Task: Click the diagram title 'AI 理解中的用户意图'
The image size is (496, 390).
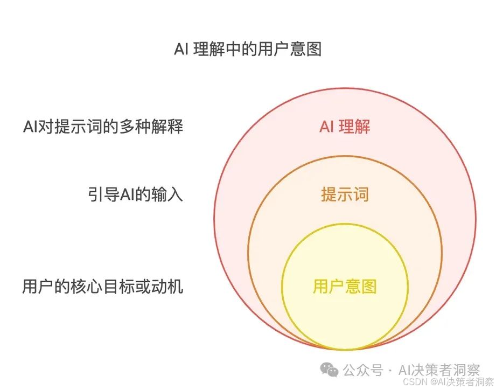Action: [x=247, y=50]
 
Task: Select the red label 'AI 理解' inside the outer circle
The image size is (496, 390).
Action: [x=345, y=127]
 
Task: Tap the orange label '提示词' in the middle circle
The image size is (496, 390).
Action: [x=345, y=194]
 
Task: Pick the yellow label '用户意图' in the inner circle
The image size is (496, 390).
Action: [x=345, y=286]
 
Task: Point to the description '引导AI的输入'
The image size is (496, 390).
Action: [x=135, y=194]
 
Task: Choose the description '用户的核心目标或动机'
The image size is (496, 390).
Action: [x=103, y=286]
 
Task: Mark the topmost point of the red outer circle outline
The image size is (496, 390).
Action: [x=345, y=88]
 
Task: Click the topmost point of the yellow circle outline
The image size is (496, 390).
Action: [x=345, y=224]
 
